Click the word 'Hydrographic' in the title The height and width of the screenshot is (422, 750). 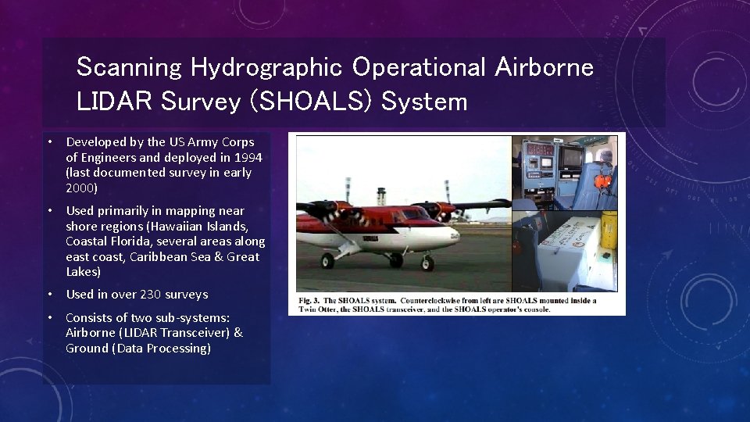pyautogui.click(x=266, y=68)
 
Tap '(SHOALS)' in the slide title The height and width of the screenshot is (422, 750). pyautogui.click(x=321, y=102)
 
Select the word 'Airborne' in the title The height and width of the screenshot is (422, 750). pyautogui.click(x=544, y=67)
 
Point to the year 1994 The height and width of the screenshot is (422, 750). pyautogui.click(x=248, y=157)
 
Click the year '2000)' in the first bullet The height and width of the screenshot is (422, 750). pyautogui.click(x=82, y=188)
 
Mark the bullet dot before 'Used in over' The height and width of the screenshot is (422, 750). pyautogui.click(x=48, y=295)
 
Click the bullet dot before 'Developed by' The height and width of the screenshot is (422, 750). pyautogui.click(x=48, y=142)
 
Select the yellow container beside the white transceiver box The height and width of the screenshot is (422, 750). pyautogui.click(x=609, y=230)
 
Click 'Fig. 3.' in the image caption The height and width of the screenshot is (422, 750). pyautogui.click(x=309, y=300)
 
